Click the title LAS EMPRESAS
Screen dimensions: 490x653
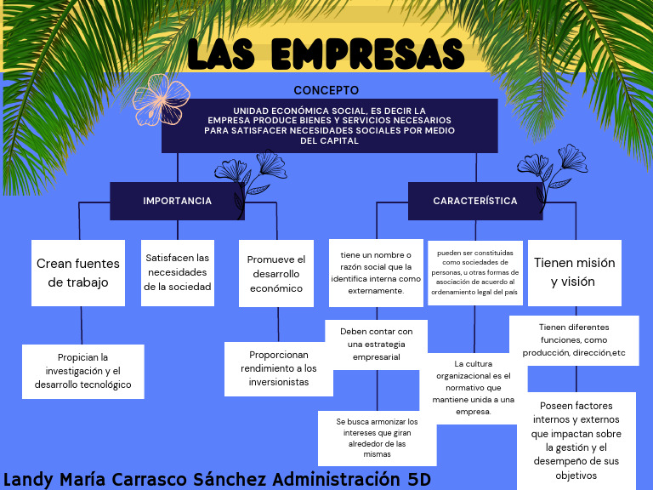[326, 54]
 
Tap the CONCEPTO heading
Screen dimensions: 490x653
[326, 90]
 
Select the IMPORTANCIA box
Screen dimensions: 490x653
[177, 201]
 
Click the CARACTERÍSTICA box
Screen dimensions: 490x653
[474, 201]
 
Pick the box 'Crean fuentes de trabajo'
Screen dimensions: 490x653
[78, 272]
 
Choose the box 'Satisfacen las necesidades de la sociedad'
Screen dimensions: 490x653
[177, 272]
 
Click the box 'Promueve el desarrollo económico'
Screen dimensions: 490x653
[275, 272]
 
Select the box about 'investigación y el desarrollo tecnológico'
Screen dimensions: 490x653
[82, 371]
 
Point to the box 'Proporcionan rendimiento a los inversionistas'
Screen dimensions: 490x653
[278, 368]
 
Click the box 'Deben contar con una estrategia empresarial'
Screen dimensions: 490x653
[376, 343]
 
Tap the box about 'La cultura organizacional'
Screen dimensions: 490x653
[474, 388]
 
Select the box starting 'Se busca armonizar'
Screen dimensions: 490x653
[377, 437]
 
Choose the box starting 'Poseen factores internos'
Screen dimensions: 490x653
[576, 441]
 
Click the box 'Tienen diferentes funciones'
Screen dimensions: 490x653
[574, 339]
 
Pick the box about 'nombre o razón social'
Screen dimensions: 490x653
[375, 272]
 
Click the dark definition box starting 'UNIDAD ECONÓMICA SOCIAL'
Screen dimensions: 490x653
[329, 125]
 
